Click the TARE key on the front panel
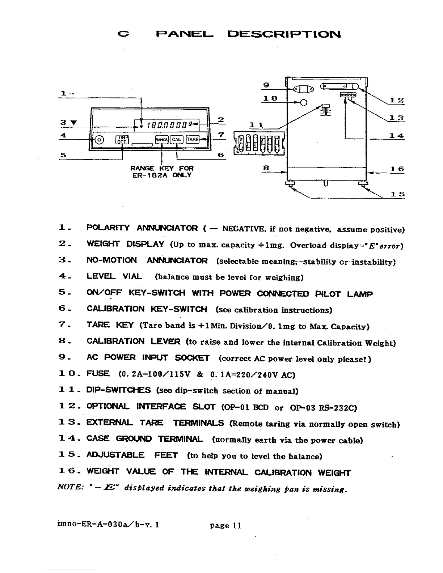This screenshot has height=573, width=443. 192,140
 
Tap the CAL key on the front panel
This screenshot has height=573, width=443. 177,140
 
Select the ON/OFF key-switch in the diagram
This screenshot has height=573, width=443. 122,140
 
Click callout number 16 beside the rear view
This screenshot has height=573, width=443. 397,169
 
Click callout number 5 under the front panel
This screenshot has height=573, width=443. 63,155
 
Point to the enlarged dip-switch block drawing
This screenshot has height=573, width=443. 260,144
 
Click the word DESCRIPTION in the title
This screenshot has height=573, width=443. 284,34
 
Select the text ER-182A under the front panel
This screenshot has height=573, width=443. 145,175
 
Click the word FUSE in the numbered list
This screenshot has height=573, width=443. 98,373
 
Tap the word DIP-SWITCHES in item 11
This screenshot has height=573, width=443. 118,390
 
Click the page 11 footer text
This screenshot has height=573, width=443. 225,526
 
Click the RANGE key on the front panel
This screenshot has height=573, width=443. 161,140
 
